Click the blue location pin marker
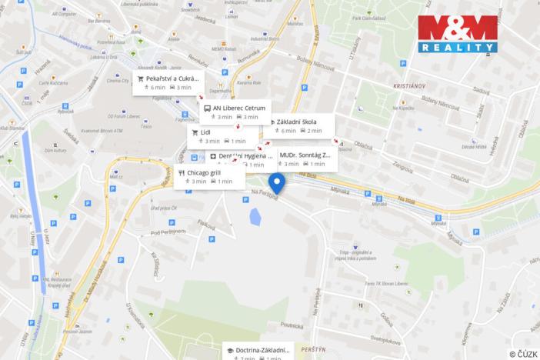pos(277,183)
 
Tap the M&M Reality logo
pos(457,34)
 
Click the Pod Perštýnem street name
pos(169,232)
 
